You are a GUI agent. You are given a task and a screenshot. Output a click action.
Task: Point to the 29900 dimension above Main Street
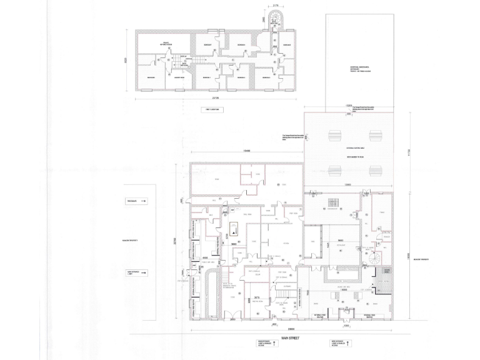[291, 329]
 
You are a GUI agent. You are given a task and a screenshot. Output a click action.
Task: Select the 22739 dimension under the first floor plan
[214, 98]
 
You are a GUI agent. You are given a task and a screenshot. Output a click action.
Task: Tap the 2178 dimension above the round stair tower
[276, 6]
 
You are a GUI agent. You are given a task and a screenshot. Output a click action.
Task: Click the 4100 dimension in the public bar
[204, 257]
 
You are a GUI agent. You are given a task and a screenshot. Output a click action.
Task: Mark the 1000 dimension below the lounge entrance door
[346, 325]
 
